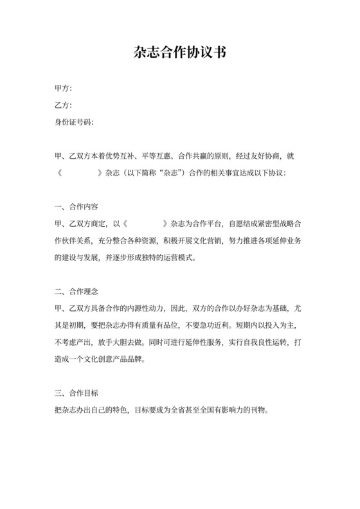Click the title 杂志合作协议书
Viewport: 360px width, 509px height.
[180, 52]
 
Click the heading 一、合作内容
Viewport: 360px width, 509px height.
[76, 207]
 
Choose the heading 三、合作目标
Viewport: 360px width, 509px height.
[76, 392]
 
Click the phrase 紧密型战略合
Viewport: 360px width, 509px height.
[283, 224]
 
